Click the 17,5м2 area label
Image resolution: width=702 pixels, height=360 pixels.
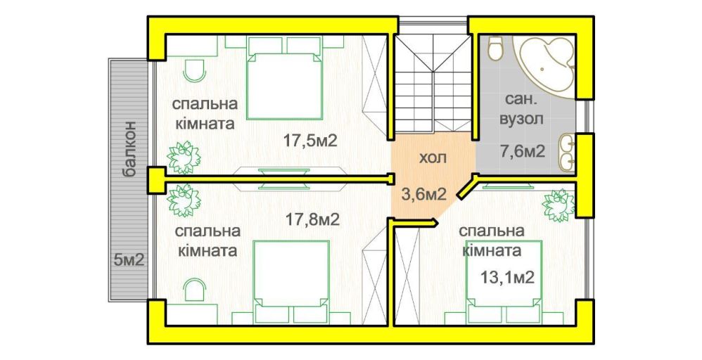coord(309,141)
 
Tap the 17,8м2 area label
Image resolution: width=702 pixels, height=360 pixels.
coord(312,219)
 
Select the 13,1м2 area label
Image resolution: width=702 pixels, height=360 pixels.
coord(508,277)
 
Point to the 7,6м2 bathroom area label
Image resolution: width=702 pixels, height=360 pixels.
coord(521,151)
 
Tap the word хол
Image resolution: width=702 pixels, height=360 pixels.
coord(433,158)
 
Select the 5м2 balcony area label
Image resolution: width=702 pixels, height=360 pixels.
coord(129,259)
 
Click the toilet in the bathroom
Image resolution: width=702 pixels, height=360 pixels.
coord(495,49)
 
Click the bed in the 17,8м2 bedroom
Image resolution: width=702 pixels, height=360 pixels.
coord(292,281)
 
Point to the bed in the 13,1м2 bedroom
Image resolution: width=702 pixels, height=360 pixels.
coord(504,281)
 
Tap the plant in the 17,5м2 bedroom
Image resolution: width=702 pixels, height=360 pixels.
coord(184,157)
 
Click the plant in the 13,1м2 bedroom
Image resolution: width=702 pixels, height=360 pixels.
coord(559,205)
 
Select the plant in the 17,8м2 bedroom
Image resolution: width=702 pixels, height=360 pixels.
coord(184,200)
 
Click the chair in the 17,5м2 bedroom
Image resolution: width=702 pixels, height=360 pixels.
coord(195,71)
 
